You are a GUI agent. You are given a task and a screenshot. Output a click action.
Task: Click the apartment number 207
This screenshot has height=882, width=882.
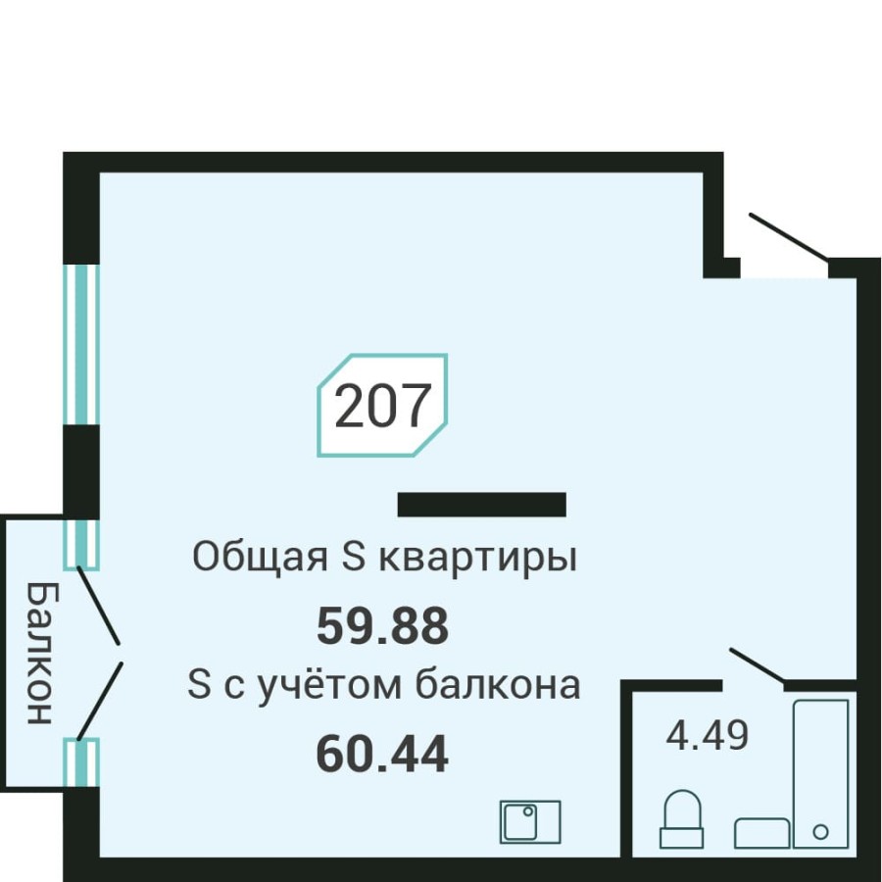(382, 406)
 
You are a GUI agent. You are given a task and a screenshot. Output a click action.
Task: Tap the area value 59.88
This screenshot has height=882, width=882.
(382, 626)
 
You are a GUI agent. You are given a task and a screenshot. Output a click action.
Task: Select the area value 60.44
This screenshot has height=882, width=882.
(382, 754)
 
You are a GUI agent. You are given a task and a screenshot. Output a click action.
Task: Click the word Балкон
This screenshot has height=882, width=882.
(37, 652)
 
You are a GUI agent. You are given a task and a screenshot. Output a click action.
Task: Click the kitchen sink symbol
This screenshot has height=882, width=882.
(530, 821)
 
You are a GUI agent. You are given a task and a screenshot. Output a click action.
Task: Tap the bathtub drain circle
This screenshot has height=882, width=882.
(821, 831)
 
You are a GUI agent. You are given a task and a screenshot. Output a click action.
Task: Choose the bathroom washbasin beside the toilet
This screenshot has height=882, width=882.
(761, 833)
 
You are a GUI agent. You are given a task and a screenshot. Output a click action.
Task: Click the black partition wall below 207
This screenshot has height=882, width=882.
(481, 505)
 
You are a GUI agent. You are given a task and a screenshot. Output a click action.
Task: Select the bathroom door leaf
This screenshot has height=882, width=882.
(756, 664)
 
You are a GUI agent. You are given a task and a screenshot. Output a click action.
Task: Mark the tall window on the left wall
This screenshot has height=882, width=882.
(81, 344)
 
